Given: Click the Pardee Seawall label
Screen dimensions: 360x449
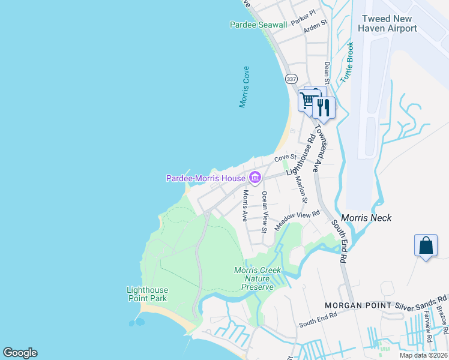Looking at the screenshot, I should coord(258,25).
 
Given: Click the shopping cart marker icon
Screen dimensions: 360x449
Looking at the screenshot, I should coord(309,99).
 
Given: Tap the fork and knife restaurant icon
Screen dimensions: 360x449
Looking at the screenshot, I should coord(324,107).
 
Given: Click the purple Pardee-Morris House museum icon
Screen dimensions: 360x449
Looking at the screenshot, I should coord(255,178).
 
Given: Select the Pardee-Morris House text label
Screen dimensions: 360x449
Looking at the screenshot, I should coord(205,178).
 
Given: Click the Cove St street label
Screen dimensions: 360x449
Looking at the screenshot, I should coord(282,158).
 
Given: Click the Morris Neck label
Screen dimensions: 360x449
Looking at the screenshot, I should coord(366,218).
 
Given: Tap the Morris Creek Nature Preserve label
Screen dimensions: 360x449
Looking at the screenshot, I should coord(258,278).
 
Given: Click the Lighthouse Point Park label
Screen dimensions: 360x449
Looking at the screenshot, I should coord(146,293).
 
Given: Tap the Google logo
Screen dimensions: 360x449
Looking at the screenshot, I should coord(20,353).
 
